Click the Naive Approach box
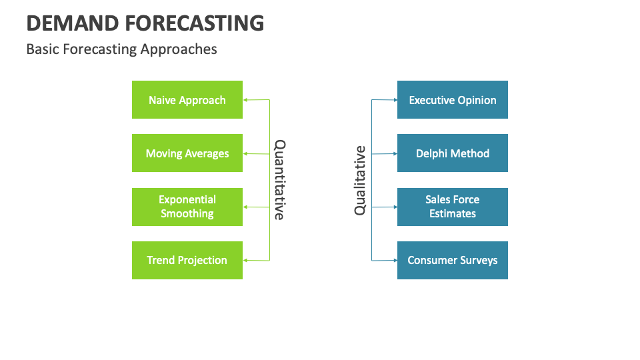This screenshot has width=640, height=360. [187, 100]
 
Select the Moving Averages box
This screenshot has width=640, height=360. [187, 153]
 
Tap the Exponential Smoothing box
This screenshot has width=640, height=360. [187, 207]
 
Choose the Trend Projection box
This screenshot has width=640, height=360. [187, 260]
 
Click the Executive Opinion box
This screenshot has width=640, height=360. [453, 100]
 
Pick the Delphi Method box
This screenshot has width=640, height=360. [453, 153]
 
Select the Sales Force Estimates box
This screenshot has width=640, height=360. [453, 207]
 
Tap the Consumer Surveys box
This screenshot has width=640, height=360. [453, 260]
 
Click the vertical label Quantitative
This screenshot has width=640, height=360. [280, 180]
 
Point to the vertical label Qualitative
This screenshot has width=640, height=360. [360, 180]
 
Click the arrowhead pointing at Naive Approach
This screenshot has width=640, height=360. [245, 100]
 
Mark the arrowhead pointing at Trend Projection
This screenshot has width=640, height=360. [245, 260]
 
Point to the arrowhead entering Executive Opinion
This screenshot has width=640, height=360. [395, 100]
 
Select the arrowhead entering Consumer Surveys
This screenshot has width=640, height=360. [395, 260]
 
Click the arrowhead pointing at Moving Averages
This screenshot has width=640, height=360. [245, 153]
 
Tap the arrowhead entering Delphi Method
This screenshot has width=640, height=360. [395, 153]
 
